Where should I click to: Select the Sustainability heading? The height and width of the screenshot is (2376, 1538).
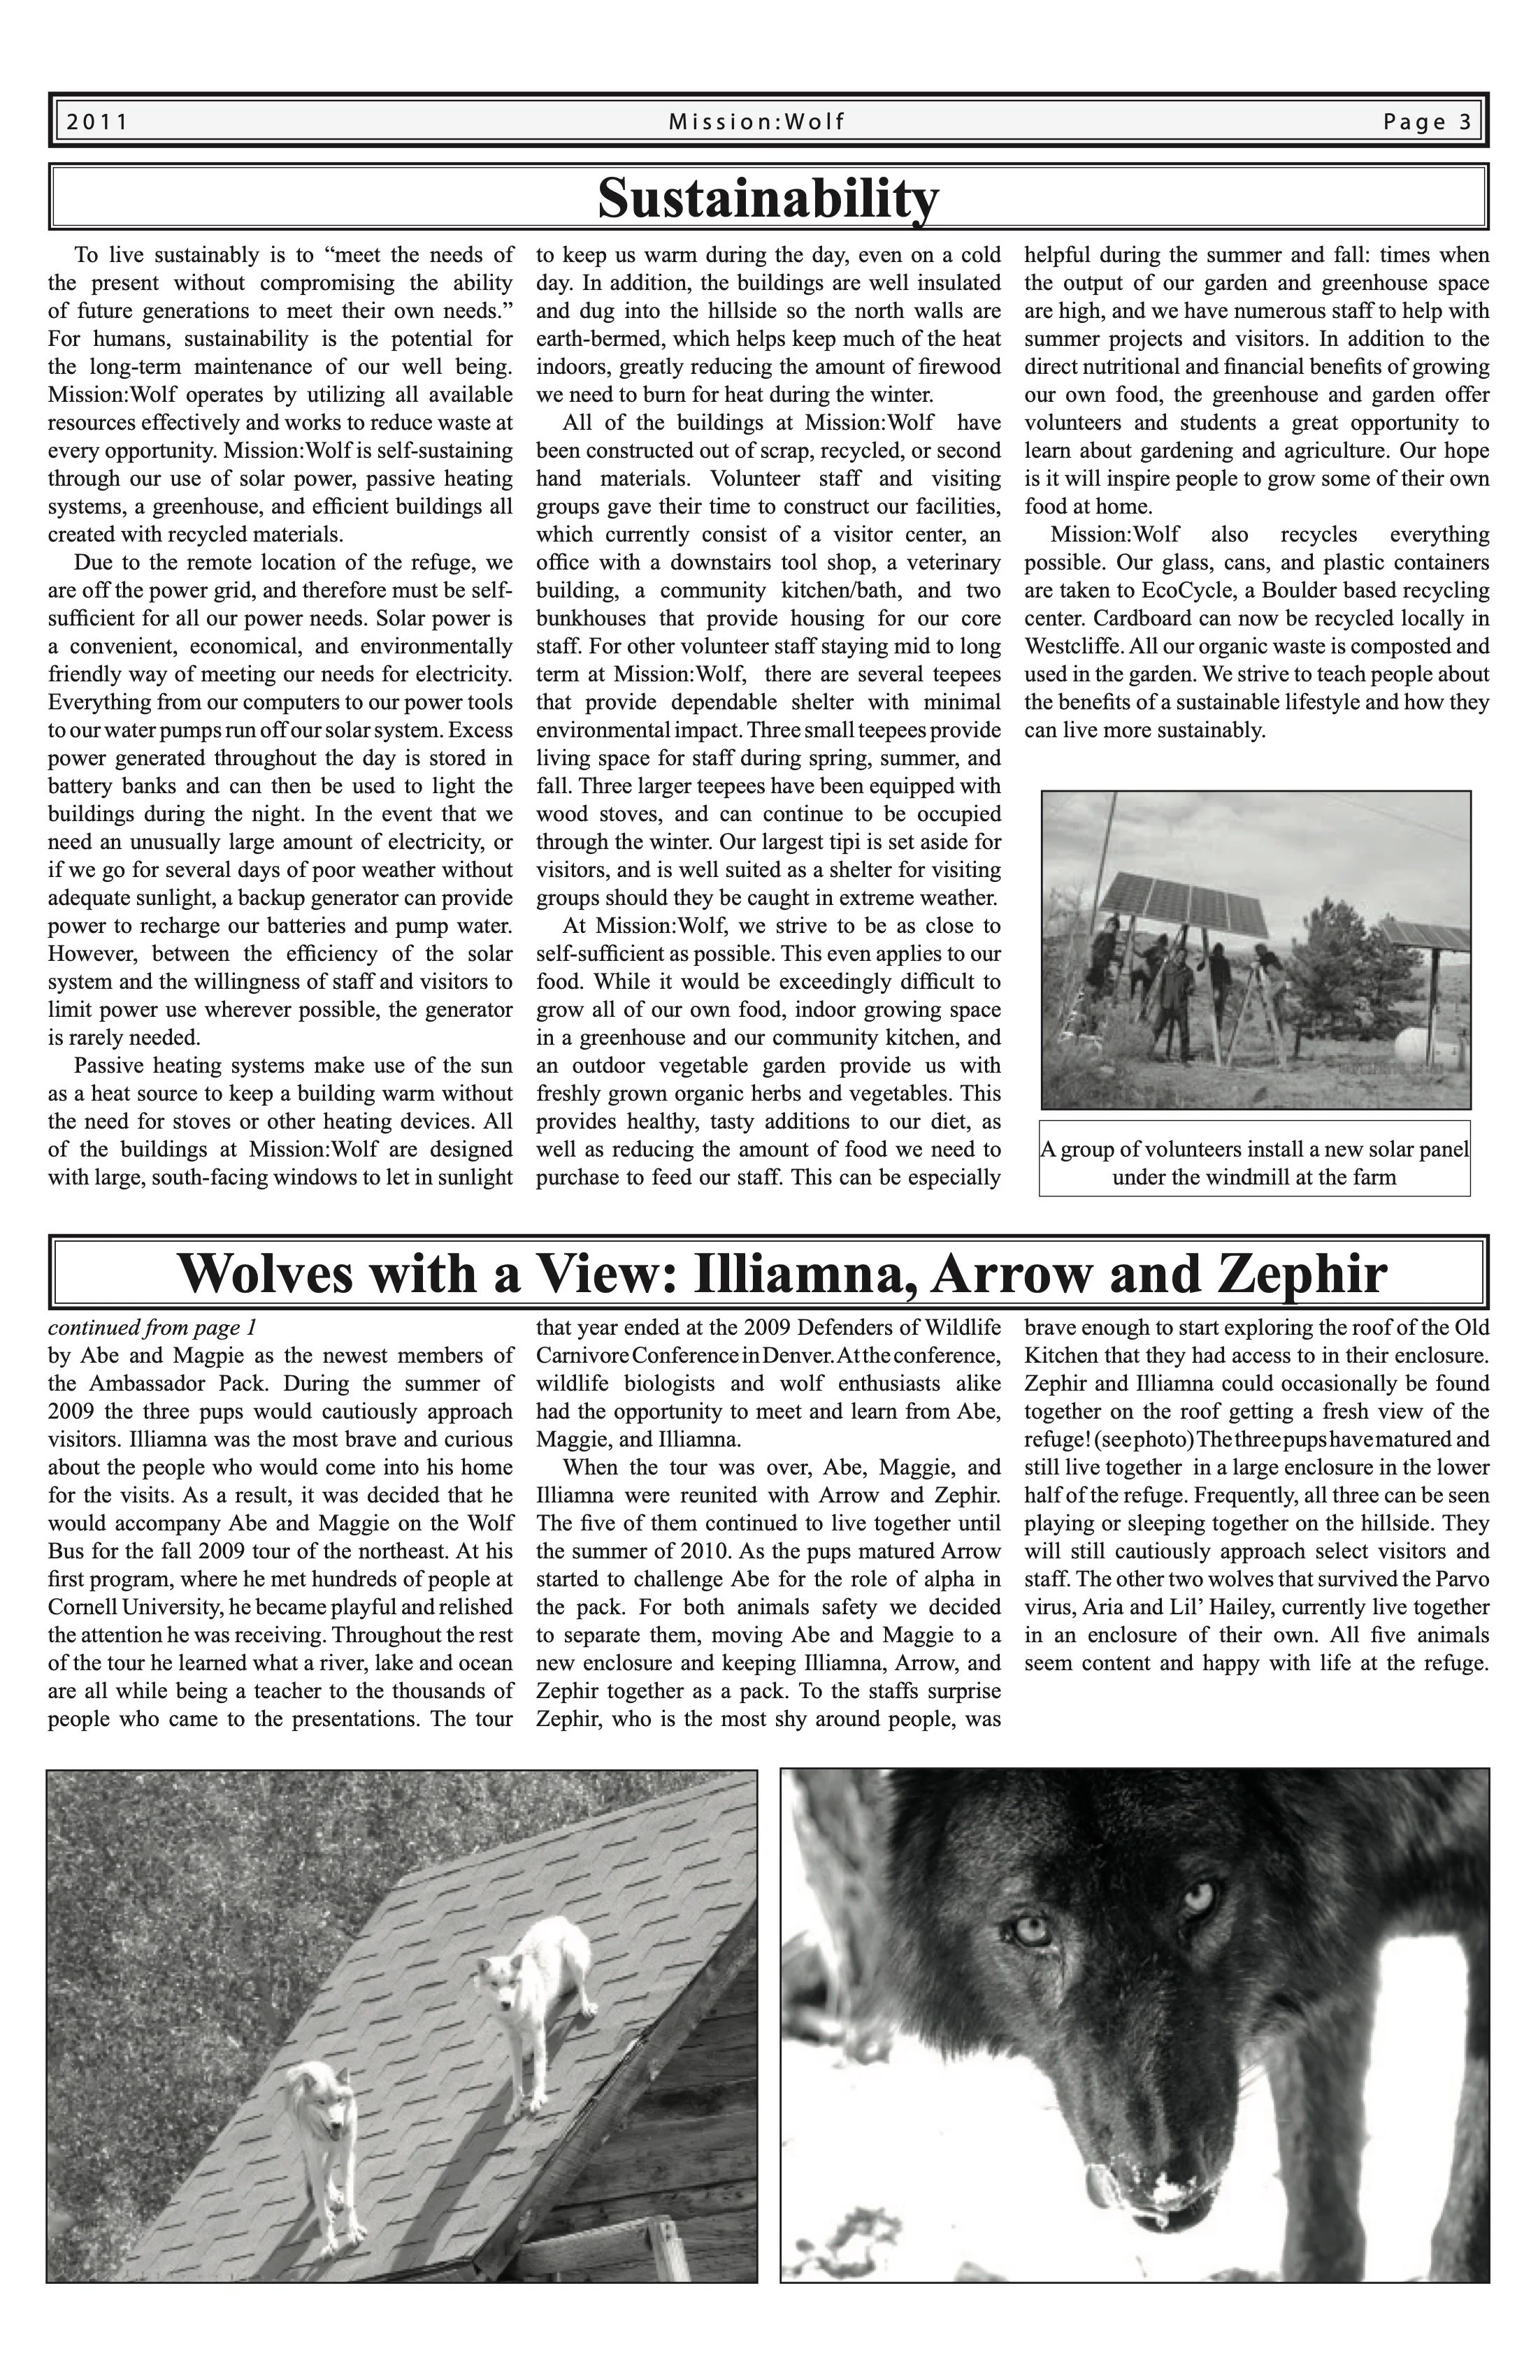768,196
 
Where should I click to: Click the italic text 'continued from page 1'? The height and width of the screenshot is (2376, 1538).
152,1328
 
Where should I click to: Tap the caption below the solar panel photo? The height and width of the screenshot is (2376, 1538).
1254,1162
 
